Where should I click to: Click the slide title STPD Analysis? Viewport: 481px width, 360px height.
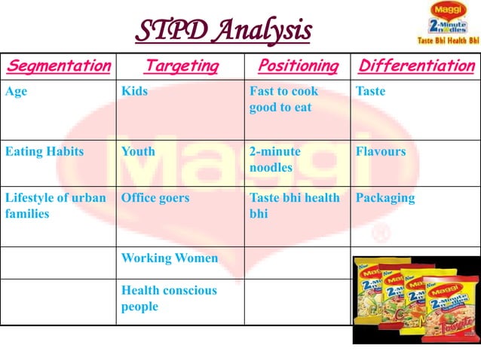223,31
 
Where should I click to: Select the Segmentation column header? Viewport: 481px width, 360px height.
57,66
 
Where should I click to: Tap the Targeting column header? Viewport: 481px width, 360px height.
180,66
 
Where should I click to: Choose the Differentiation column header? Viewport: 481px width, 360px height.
416,66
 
